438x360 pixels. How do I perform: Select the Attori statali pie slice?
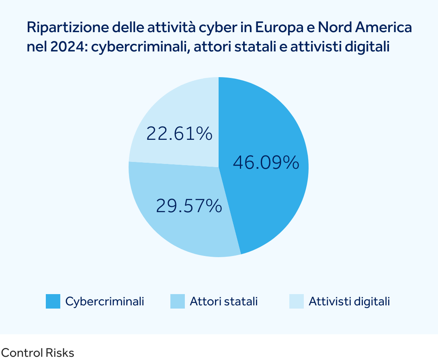[x=181, y=225]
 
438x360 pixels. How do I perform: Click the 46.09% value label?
[x=266, y=163]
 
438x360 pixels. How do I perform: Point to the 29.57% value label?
[x=189, y=206]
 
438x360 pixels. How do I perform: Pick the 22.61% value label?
[x=179, y=133]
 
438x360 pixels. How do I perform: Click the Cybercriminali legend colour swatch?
[x=53, y=301]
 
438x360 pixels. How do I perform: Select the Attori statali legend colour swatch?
[x=178, y=301]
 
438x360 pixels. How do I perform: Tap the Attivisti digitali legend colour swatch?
[x=297, y=301]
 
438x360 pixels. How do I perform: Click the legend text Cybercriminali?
[x=104, y=301]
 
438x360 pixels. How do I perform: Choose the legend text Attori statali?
[x=223, y=301]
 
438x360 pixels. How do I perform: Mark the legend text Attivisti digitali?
[x=349, y=301]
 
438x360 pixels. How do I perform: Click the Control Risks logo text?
[x=37, y=353]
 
